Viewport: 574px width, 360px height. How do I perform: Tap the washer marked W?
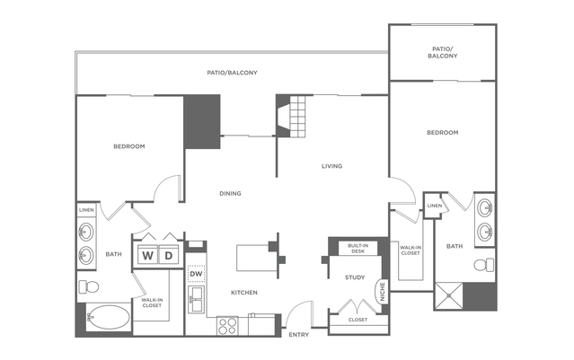(146, 257)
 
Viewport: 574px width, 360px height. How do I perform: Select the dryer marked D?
(168, 257)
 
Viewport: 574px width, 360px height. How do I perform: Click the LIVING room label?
(332, 166)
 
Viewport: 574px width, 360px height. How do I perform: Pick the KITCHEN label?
(243, 293)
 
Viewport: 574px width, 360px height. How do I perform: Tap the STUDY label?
(354, 277)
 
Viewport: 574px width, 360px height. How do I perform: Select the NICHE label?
(382, 292)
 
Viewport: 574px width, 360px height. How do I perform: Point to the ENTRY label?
(298, 335)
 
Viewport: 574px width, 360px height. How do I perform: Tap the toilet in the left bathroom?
(88, 286)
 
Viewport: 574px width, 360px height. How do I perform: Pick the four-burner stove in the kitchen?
(227, 326)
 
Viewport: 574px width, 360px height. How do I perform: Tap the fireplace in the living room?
(291, 118)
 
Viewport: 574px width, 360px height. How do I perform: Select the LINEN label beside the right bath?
(434, 206)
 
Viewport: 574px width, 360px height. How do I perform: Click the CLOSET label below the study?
(357, 320)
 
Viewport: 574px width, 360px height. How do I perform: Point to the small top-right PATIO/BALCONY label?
(442, 51)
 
